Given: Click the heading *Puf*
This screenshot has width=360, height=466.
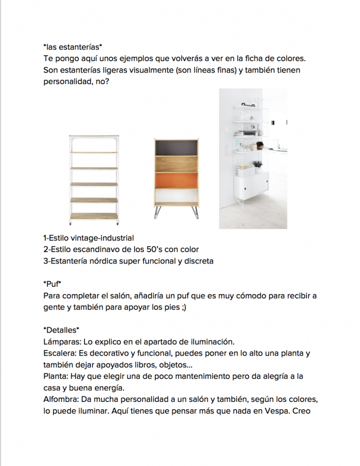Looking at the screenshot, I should pyautogui.click(x=53, y=284).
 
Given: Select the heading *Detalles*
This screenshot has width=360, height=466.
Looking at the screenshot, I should pyautogui.click(x=62, y=331).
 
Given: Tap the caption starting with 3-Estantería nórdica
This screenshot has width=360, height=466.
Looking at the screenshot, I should pyautogui.click(x=128, y=261).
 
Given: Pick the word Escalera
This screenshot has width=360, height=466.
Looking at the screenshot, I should pyautogui.click(x=62, y=353).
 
